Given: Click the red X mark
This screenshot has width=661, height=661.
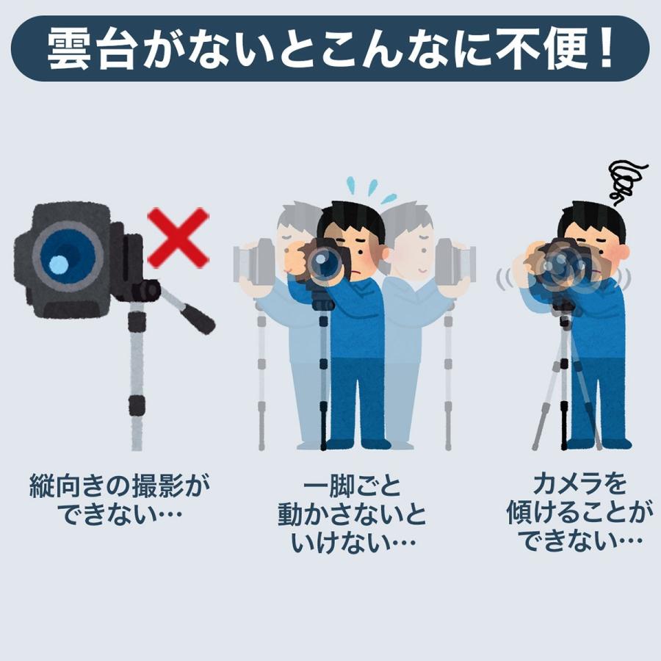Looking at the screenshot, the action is coord(178,237).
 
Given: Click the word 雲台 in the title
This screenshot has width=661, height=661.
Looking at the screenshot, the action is coord(90,49).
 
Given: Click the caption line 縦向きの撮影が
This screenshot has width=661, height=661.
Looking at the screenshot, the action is coord(120,487).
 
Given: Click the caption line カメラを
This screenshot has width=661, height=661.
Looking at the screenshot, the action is coord(579,485).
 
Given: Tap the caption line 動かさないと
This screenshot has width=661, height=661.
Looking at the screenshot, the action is coord(352,515).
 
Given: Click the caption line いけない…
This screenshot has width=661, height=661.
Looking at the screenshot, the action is coord(353,543).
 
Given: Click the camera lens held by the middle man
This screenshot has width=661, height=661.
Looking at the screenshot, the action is coord(324,261).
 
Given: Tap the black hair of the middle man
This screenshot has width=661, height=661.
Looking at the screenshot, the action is coord(351,219).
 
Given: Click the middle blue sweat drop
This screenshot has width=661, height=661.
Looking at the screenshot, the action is coord(372,187).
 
